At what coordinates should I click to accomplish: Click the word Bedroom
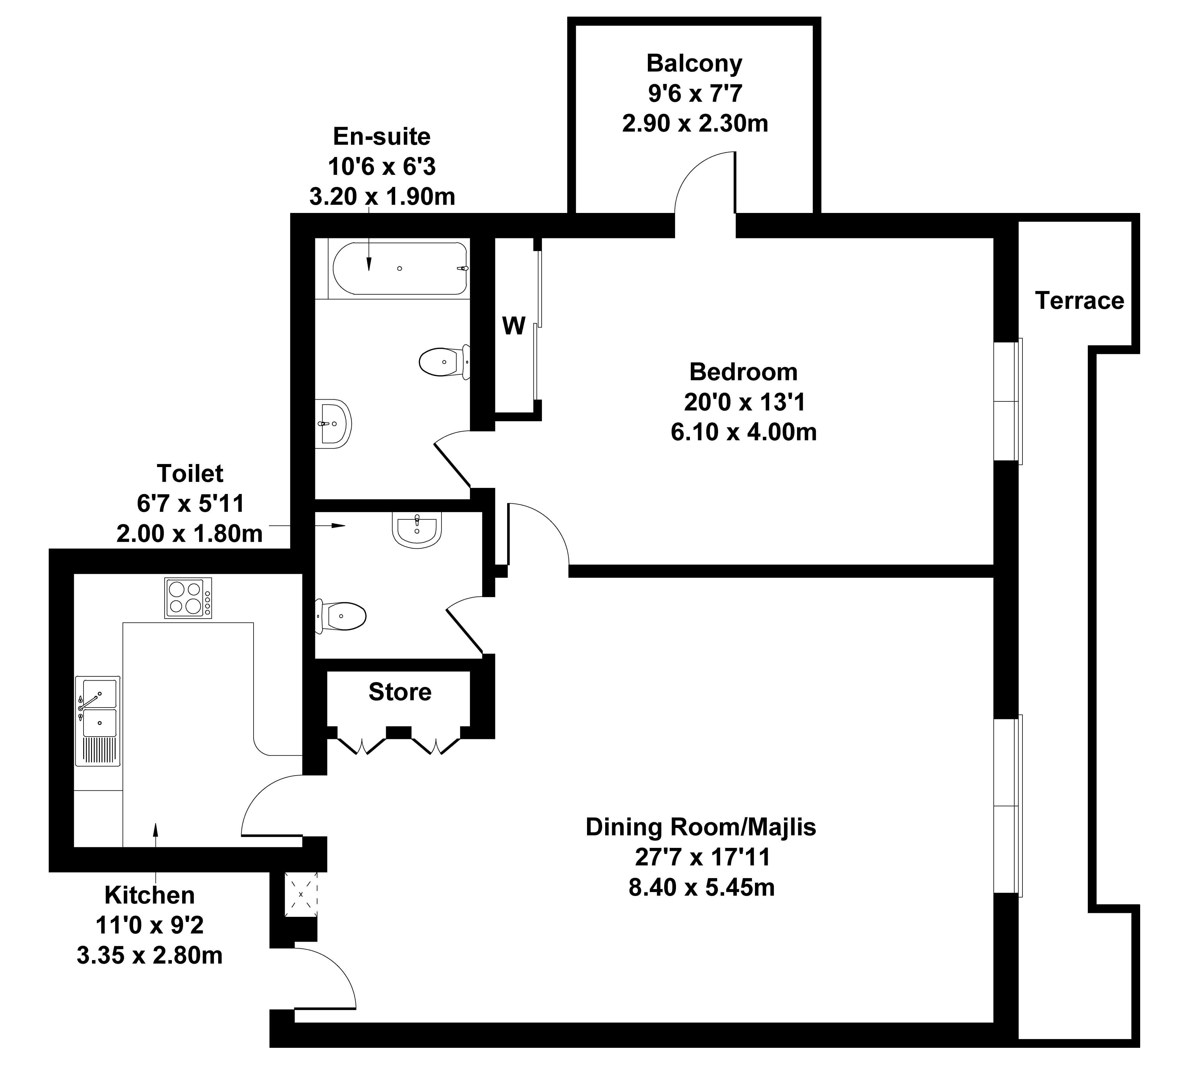point(743,372)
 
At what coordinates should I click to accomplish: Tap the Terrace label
point(1079,301)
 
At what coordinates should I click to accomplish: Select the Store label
point(399,692)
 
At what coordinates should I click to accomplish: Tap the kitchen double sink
point(97,721)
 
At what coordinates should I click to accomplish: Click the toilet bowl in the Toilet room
point(341,616)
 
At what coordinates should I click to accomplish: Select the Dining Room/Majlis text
point(701,827)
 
